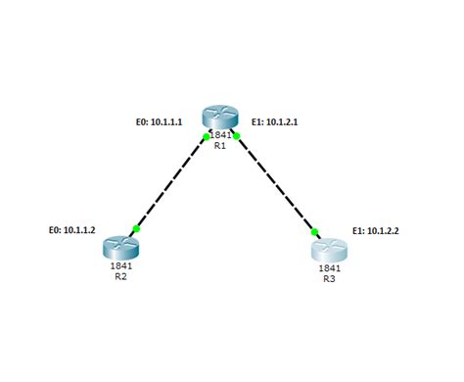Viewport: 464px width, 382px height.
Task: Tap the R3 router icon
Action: click(x=329, y=249)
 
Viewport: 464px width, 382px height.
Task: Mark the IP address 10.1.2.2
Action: click(x=388, y=231)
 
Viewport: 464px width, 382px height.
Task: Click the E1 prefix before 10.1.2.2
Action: click(x=358, y=231)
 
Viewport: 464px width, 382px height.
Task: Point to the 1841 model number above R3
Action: click(x=329, y=267)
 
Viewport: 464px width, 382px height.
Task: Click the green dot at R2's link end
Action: click(x=136, y=229)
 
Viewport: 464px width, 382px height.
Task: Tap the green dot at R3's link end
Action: click(x=316, y=232)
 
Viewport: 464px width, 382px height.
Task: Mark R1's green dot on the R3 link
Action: click(x=236, y=135)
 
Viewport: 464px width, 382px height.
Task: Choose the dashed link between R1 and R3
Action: click(x=276, y=183)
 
